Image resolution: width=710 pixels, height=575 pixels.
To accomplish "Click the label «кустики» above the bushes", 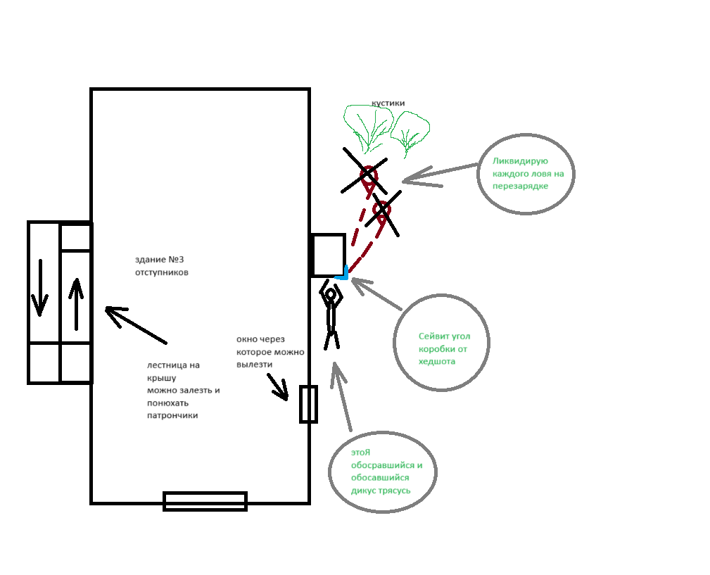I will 388,103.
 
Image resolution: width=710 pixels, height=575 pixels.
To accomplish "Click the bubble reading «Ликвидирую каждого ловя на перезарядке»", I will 526,173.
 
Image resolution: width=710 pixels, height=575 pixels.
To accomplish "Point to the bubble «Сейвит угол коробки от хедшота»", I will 441,343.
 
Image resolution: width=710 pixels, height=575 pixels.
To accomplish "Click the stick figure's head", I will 330,293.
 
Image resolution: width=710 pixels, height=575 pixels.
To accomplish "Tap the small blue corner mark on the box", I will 343,276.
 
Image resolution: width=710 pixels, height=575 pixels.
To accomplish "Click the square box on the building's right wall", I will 328,255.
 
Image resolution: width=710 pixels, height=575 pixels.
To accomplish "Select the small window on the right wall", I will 308,404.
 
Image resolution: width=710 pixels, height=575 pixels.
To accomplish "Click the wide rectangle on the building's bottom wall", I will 205,500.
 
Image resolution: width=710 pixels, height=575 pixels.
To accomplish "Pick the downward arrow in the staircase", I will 40,288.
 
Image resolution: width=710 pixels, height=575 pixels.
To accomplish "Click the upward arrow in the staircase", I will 76,303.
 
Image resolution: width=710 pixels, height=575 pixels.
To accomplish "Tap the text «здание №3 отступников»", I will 161,265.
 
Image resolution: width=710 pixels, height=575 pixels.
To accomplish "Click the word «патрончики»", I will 172,415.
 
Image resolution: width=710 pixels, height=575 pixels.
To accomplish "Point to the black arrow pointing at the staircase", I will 135,324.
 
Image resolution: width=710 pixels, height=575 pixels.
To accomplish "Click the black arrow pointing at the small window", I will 278,386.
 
